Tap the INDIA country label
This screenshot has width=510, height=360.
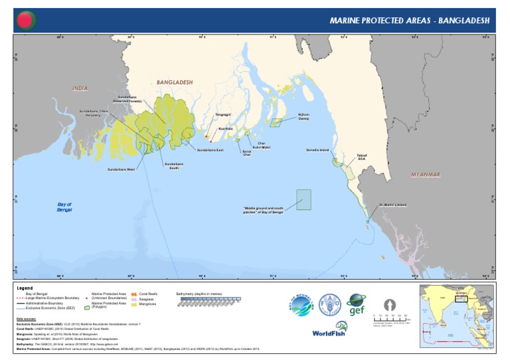click(80, 88)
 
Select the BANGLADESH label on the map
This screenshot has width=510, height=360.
click(174, 82)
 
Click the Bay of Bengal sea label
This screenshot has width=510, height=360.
click(64, 207)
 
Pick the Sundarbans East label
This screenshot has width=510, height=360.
click(211, 150)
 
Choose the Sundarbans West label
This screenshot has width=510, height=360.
click(121, 169)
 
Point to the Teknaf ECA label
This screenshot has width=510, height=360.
click(361, 156)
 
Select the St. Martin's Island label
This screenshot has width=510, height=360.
click(392, 205)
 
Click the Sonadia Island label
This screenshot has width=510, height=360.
click(317, 150)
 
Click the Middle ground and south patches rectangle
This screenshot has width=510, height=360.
click(303, 200)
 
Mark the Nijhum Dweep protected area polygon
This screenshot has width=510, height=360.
click(276, 122)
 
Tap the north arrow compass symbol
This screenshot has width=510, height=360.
click(390, 304)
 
